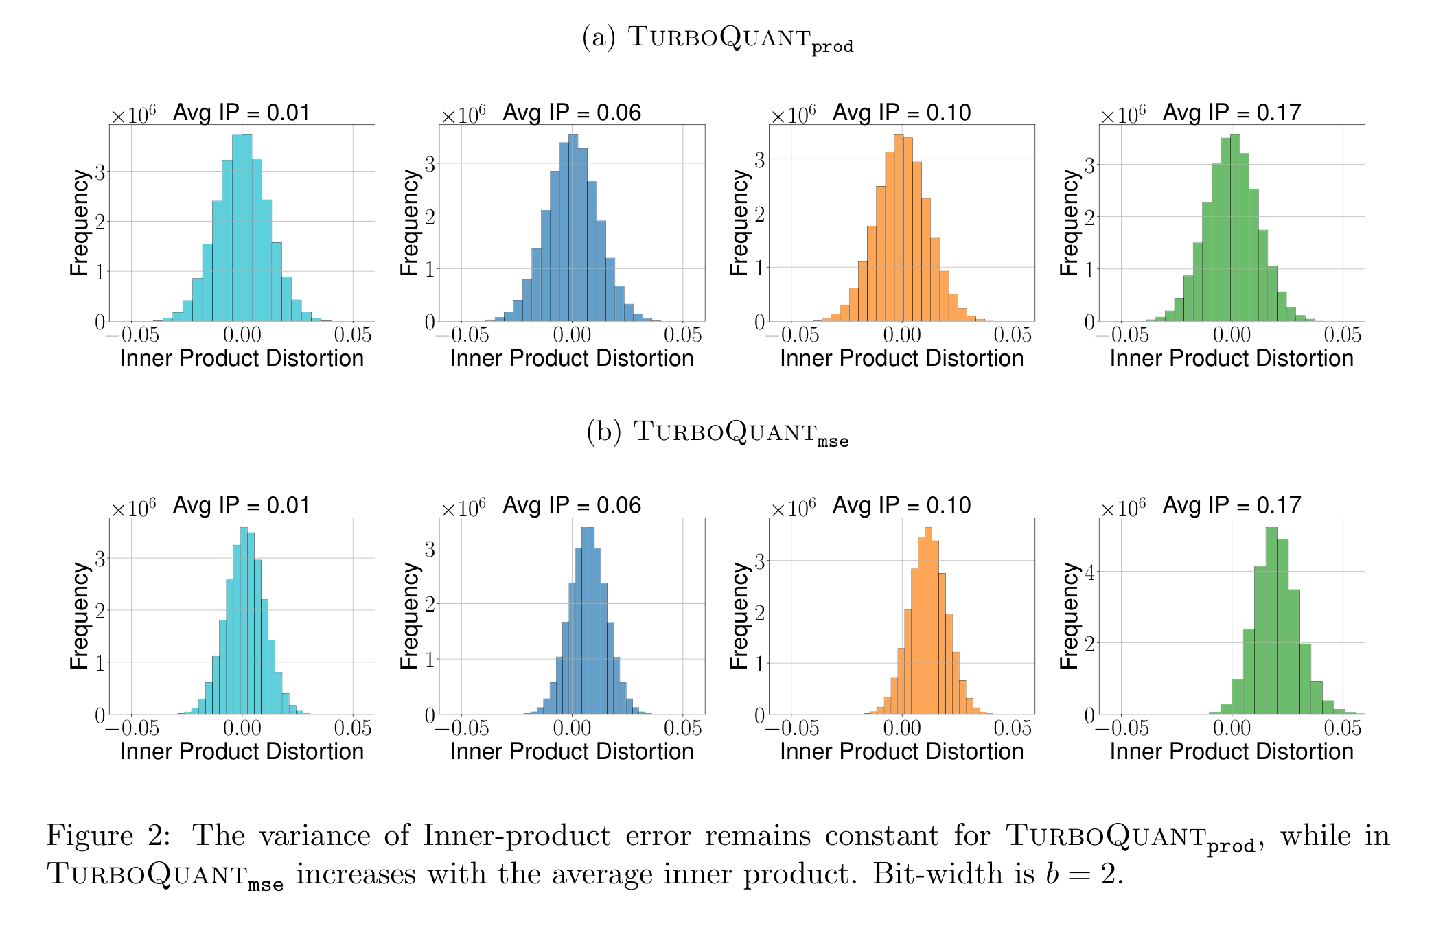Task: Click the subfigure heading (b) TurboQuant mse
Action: click(x=717, y=432)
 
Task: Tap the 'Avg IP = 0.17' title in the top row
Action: click(x=1232, y=113)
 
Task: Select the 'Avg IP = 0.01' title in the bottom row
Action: click(x=242, y=505)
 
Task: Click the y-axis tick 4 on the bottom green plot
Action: click(x=1089, y=572)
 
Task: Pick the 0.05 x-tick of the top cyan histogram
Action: click(x=353, y=335)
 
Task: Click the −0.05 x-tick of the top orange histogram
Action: click(x=791, y=335)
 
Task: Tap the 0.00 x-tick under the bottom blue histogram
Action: click(x=571, y=728)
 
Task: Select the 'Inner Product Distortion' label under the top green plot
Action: click(x=1232, y=358)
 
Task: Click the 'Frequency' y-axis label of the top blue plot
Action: click(x=409, y=223)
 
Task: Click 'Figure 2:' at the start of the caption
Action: click(x=108, y=835)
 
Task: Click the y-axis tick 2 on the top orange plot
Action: click(x=759, y=213)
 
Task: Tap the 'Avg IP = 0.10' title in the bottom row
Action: click(x=901, y=505)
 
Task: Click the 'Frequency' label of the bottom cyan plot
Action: click(x=80, y=616)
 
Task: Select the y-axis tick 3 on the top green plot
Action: click(x=1089, y=165)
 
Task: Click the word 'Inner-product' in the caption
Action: click(x=516, y=836)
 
